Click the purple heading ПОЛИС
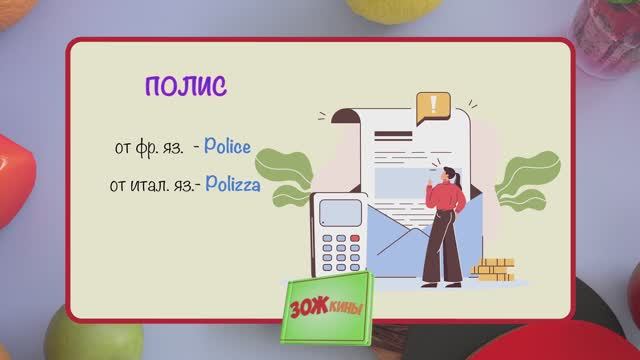tap(186, 85)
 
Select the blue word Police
tap(227, 147)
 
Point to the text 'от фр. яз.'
tap(149, 148)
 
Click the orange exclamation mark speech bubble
tap(433, 105)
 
